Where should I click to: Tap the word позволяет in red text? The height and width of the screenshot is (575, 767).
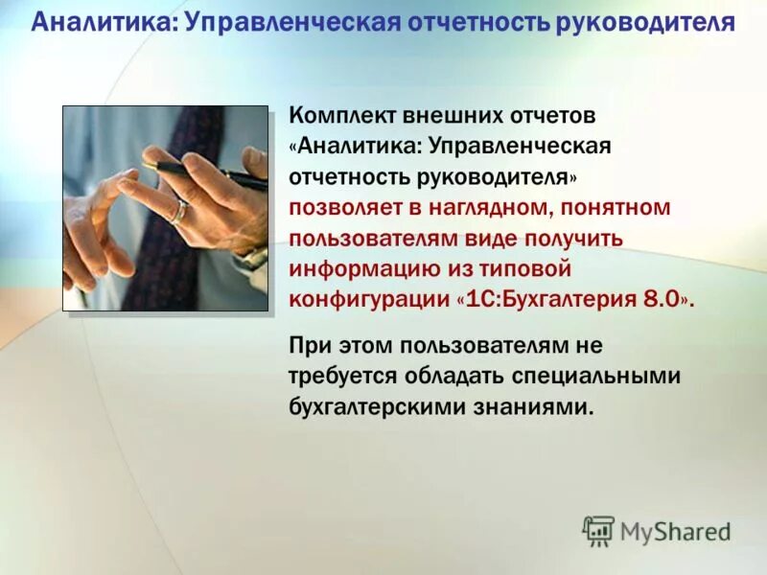click(x=340, y=208)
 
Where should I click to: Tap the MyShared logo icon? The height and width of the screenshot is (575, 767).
click(x=598, y=530)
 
